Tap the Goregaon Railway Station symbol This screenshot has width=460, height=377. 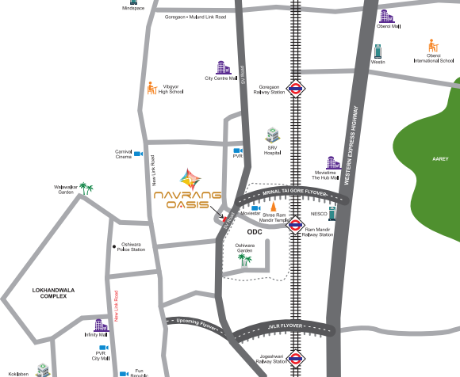(297, 88)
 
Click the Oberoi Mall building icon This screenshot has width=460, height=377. (385, 16)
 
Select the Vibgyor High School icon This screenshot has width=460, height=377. (151, 88)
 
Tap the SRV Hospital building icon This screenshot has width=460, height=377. (272, 134)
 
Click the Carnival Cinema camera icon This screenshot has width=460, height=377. (138, 154)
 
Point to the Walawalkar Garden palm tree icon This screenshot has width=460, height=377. (87, 189)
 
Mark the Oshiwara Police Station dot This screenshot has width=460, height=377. (115, 245)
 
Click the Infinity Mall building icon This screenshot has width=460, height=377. (100, 326)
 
